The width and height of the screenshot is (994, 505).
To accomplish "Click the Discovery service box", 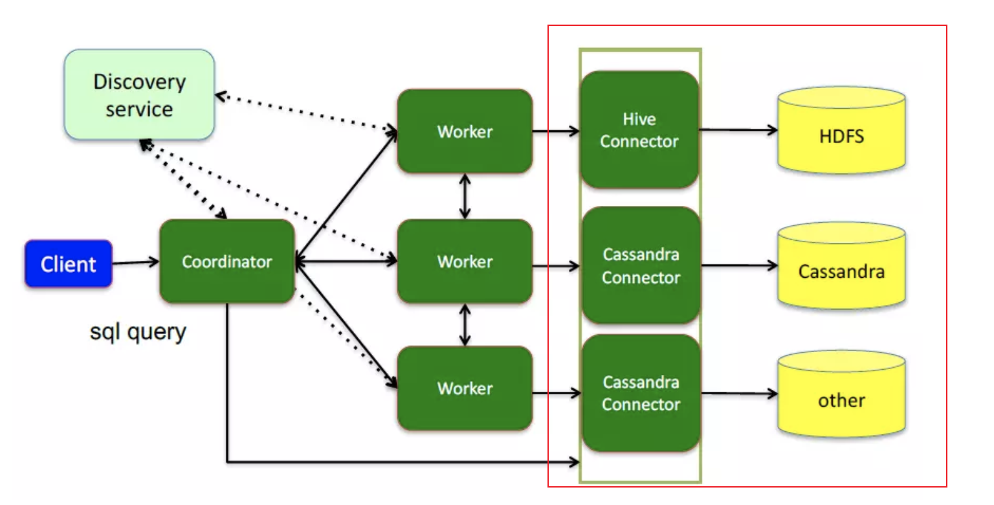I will (139, 95).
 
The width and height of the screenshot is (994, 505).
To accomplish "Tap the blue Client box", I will (69, 264).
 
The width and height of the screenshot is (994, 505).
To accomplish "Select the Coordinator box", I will (226, 262).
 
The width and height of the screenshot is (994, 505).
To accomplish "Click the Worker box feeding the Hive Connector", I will (465, 131).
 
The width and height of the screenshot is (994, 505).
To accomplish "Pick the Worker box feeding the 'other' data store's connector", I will (465, 388).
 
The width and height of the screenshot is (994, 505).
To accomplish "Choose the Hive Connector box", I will (639, 130).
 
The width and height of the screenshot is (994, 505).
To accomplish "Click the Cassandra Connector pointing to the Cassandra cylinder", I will (641, 265).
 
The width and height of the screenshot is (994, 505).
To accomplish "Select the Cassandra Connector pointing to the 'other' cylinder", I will (641, 393).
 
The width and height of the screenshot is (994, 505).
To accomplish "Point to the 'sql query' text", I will (138, 332).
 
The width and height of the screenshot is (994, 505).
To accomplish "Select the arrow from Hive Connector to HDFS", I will (738, 130).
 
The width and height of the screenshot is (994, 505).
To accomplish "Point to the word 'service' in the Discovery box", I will (139, 108).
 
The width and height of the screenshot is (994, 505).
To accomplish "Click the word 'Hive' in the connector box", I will (639, 119).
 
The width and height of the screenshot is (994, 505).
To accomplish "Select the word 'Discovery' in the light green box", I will (139, 82).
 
